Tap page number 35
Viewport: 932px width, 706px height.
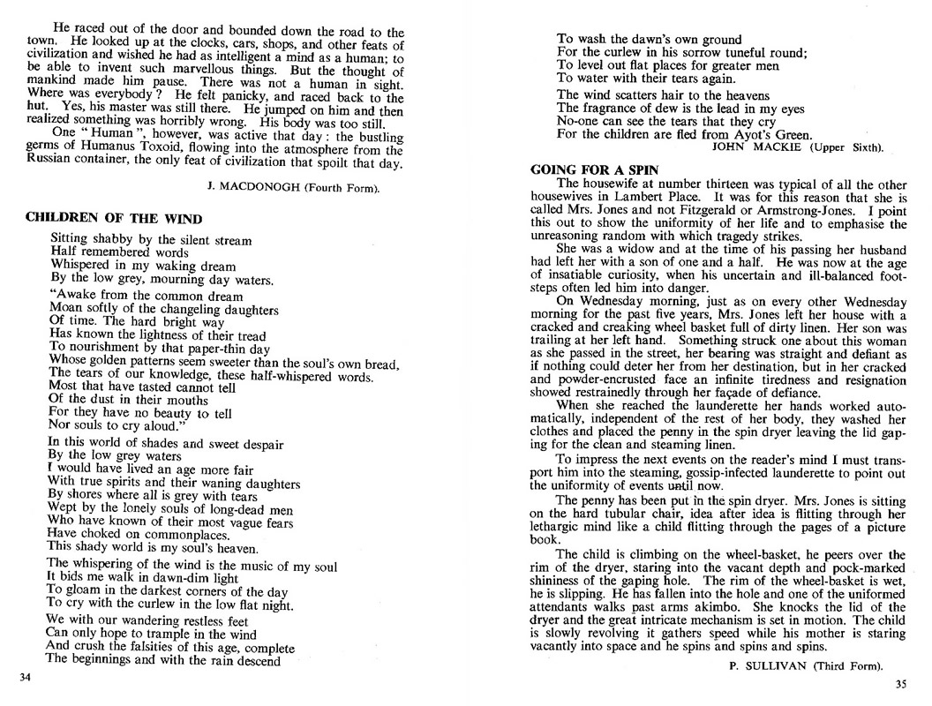pos(900,684)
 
